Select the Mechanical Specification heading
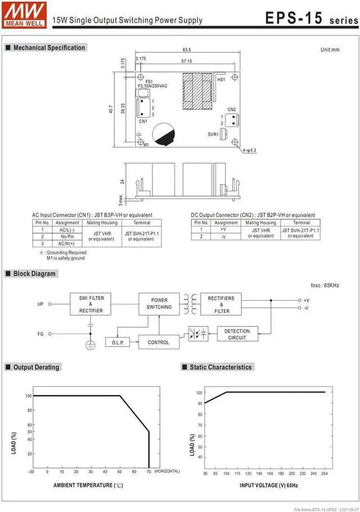coord(48,48)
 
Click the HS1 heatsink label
coord(221,80)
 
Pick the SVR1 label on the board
coord(213,134)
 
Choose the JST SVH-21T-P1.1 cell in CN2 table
coord(300,232)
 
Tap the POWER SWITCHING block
coord(159,303)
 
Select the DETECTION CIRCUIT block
coord(237,334)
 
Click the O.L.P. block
coord(117,342)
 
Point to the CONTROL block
coord(158,342)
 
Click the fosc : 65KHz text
coord(325,286)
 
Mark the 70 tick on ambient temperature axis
coord(149,471)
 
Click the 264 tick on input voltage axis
coord(325,474)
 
